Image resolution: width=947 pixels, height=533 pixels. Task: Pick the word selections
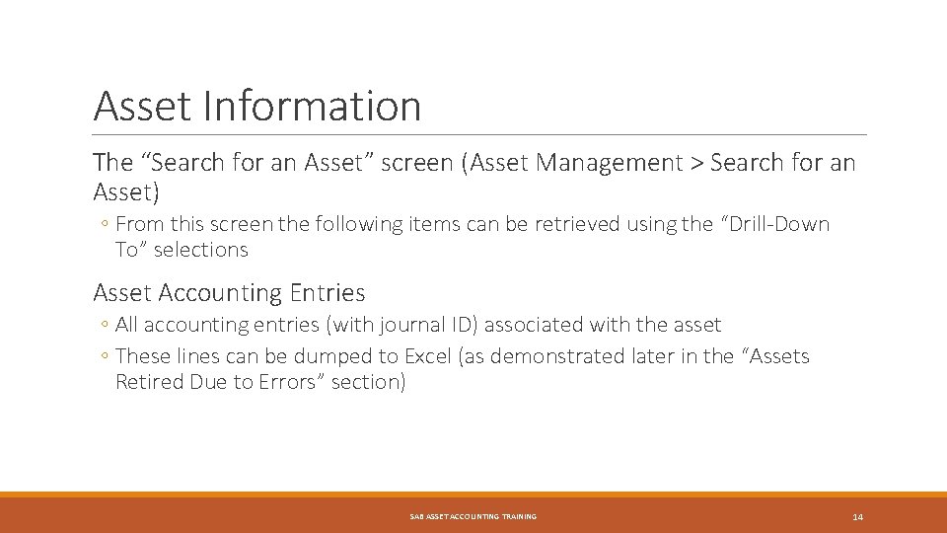(x=201, y=250)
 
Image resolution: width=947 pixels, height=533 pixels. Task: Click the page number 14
(x=857, y=517)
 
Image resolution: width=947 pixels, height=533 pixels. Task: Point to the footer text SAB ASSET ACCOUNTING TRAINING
(x=473, y=517)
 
